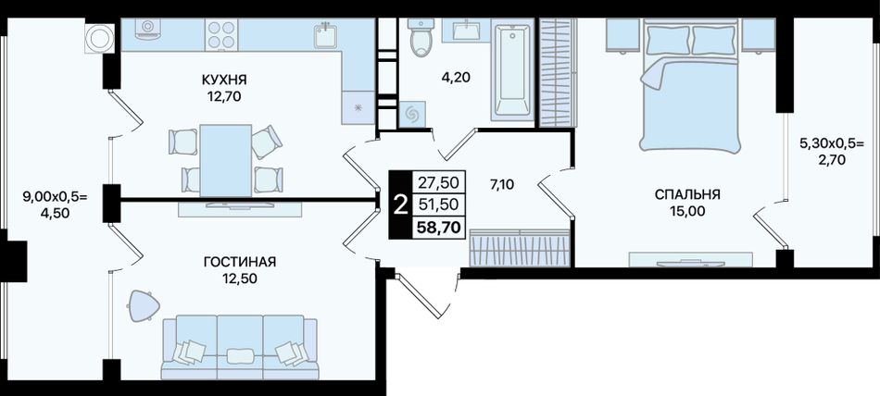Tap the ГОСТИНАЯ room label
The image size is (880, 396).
coord(240,262)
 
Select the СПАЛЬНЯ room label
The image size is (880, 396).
coord(687,194)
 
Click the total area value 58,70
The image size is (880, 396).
coord(438,227)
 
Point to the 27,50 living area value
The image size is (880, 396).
coord(438,181)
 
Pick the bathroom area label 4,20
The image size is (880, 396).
coord(455,77)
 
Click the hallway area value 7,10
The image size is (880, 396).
coord(504,185)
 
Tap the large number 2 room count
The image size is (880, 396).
coord(400,204)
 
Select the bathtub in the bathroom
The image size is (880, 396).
coord(512,69)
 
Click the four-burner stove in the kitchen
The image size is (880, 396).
coord(221,34)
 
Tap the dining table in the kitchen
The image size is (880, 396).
coord(226,160)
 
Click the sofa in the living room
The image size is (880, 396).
coord(240,347)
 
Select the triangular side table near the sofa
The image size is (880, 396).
coord(144,305)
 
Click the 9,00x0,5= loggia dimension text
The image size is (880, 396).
coord(55,196)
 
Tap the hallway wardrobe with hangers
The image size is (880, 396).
coord(520,247)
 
